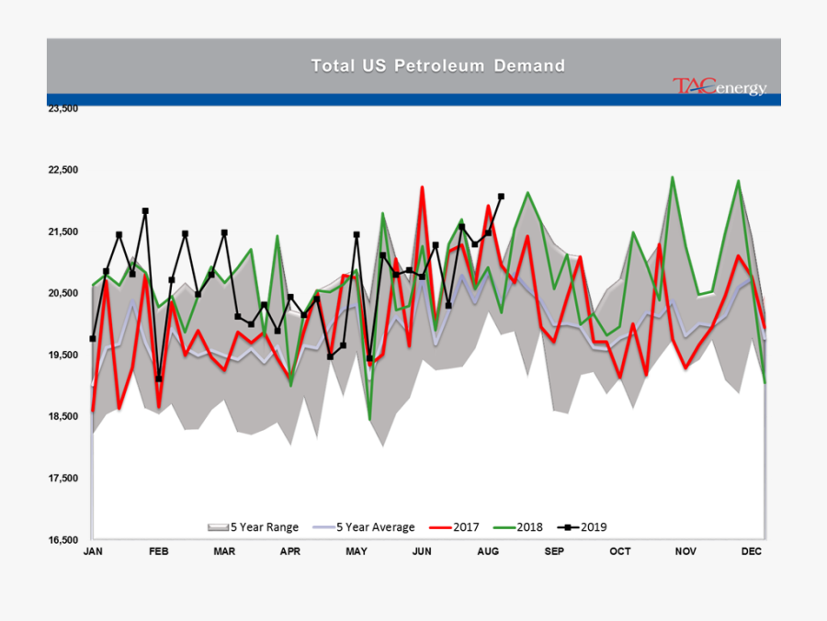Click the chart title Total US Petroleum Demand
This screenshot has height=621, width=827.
pyautogui.click(x=437, y=65)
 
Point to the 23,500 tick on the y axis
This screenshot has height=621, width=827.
pyautogui.click(x=63, y=108)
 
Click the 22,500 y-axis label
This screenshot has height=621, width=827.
pyautogui.click(x=63, y=170)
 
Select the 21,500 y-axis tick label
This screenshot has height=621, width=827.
pyautogui.click(x=63, y=231)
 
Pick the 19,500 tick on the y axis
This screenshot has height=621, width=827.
pyautogui.click(x=63, y=355)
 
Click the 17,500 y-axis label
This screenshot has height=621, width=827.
pyautogui.click(x=63, y=479)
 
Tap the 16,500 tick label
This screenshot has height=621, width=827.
pyautogui.click(x=63, y=540)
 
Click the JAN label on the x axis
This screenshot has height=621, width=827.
pyautogui.click(x=93, y=551)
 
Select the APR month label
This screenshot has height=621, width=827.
pyautogui.click(x=290, y=551)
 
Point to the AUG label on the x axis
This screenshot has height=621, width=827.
pyautogui.click(x=488, y=551)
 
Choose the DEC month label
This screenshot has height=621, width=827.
pyautogui.click(x=753, y=551)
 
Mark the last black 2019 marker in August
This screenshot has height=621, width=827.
pyautogui.click(x=501, y=196)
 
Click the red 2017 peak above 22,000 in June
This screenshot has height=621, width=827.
pyautogui.click(x=422, y=187)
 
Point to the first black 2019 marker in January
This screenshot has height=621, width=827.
pyautogui.click(x=93, y=338)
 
